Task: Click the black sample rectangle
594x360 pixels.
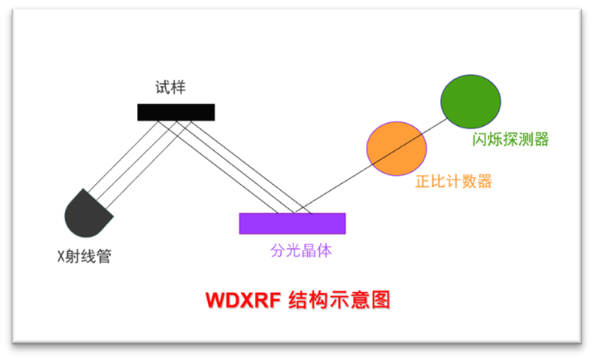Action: click(176, 112)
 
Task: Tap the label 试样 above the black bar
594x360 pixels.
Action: click(170, 88)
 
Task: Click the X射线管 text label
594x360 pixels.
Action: click(85, 256)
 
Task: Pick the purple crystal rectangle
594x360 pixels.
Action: click(292, 223)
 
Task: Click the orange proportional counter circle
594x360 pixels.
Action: click(397, 149)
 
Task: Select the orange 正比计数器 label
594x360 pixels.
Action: click(454, 182)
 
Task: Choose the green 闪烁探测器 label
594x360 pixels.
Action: click(510, 139)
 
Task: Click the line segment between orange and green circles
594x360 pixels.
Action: click(434, 125)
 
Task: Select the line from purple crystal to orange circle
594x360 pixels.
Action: click(337, 188)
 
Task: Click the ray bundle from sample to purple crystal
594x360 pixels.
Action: click(235, 164)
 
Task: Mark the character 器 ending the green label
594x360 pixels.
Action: click(541, 139)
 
